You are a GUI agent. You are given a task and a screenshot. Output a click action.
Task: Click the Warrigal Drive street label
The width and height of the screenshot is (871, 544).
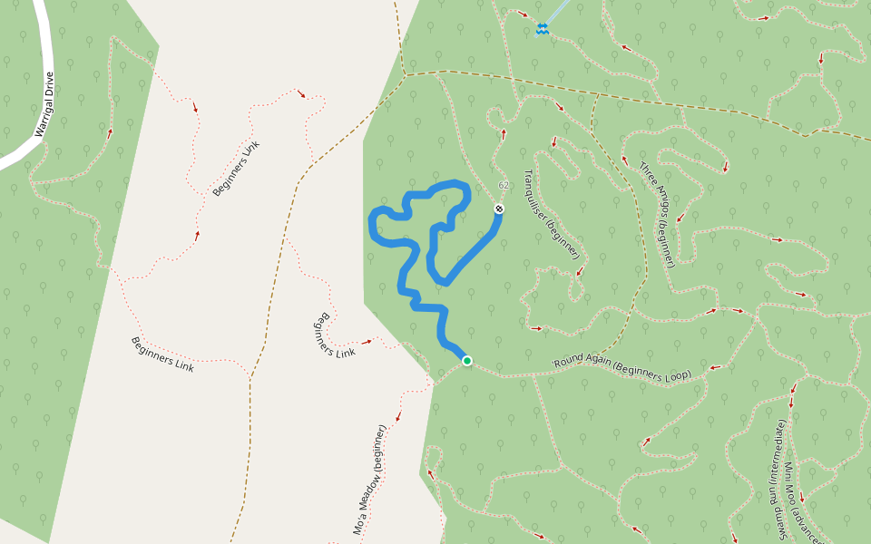[44, 104]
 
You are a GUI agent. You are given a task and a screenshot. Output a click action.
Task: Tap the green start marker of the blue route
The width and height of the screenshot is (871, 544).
[467, 361]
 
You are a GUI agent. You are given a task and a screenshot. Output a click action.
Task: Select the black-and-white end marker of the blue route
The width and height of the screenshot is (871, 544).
[498, 209]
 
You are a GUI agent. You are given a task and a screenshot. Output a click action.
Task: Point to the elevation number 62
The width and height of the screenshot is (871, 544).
[504, 185]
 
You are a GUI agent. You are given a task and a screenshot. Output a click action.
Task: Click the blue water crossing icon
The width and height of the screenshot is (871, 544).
[542, 29]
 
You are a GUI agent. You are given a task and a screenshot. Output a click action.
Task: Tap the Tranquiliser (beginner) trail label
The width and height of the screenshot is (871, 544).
[551, 214]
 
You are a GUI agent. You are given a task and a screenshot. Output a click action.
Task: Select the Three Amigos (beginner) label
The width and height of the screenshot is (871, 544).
[658, 215]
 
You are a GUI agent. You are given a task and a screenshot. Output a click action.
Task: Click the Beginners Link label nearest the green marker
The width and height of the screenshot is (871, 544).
[333, 335]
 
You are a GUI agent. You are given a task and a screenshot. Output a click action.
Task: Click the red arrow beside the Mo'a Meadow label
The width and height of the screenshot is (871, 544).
[398, 417]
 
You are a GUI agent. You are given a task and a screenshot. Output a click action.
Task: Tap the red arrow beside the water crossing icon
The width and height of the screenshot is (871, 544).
[524, 14]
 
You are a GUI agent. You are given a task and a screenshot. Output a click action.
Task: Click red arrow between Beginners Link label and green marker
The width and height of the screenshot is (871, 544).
[367, 342]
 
